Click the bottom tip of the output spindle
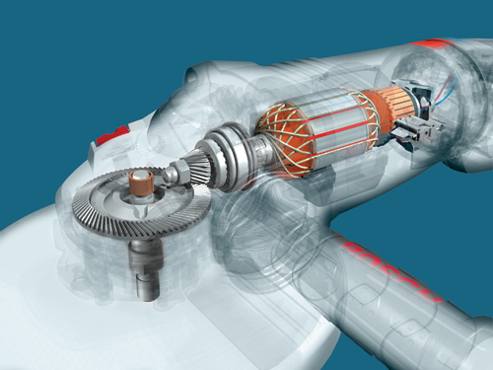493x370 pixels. click(x=145, y=293)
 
